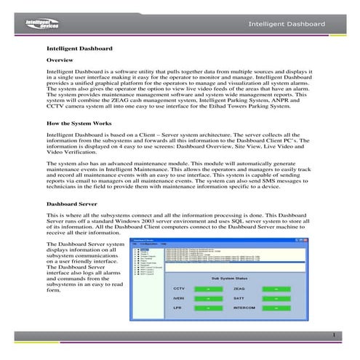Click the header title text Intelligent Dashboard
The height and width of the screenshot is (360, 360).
click(287, 25)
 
